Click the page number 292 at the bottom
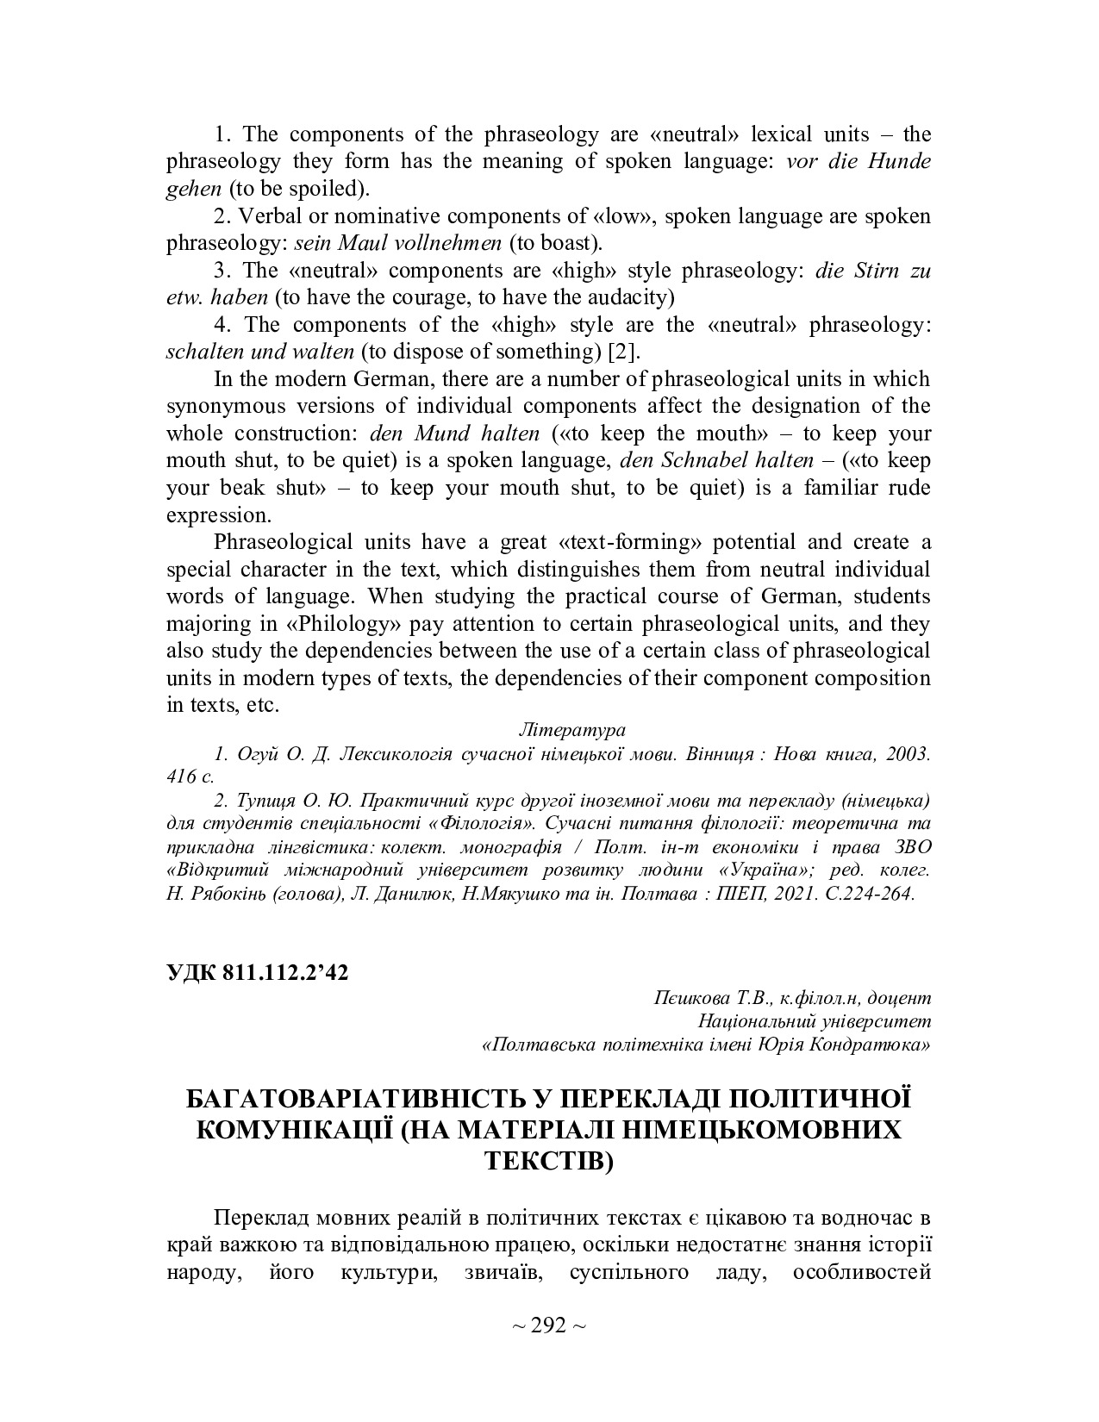point(549,1325)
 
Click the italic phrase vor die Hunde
point(859,161)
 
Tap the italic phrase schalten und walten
point(259,351)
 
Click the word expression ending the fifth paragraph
point(218,515)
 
